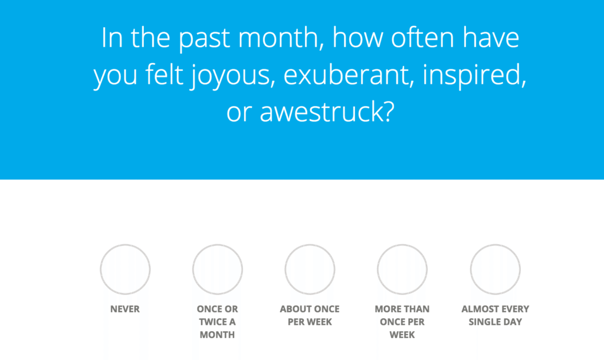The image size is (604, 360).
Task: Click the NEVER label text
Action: pyautogui.click(x=125, y=309)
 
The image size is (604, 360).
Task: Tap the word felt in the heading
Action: pyautogui.click(x=164, y=75)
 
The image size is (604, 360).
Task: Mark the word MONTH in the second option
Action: pyautogui.click(x=217, y=335)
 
